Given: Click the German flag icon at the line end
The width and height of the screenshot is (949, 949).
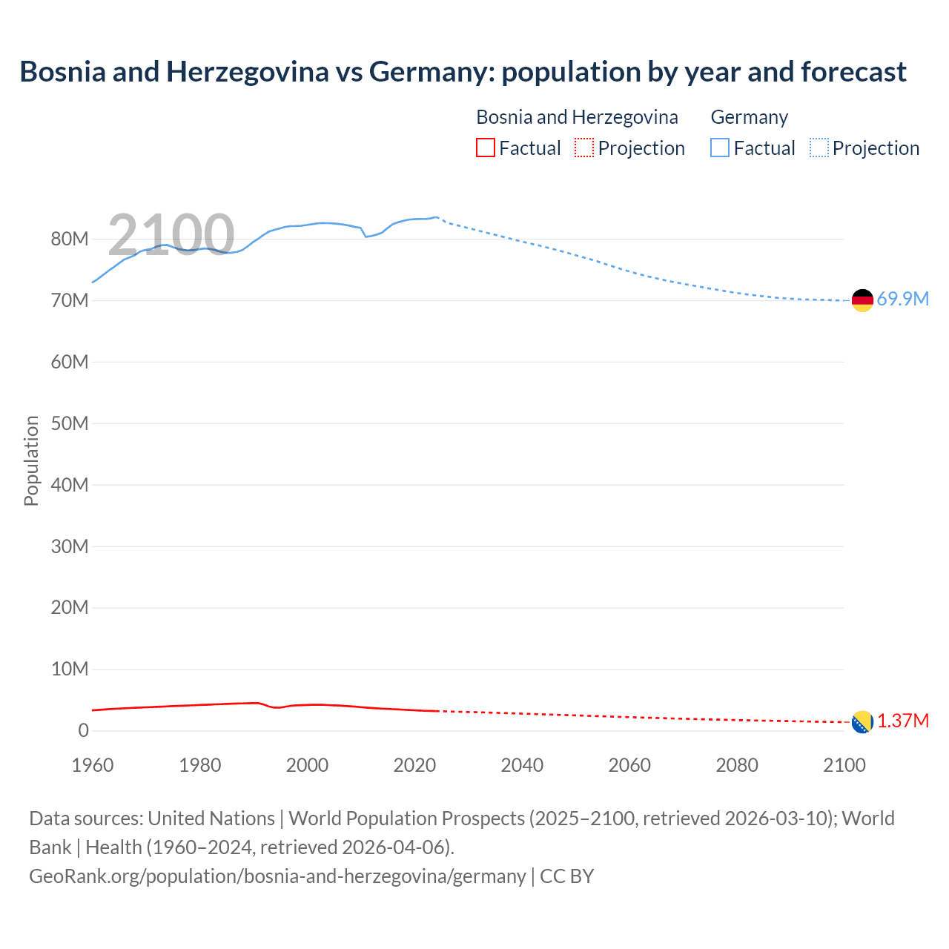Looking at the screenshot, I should (862, 300).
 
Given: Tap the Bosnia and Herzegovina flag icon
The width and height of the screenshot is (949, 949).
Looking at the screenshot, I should (862, 721).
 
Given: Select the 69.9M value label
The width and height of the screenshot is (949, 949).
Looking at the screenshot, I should (902, 300).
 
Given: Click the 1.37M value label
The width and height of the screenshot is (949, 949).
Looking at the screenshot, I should (903, 721).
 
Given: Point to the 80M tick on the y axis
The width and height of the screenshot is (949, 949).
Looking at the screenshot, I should (70, 239).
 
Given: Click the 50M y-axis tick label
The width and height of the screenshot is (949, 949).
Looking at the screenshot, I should (70, 423).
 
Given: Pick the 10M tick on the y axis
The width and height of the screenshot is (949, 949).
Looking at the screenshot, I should (70, 669).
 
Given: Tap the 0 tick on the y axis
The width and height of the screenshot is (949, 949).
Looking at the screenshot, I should (83, 730).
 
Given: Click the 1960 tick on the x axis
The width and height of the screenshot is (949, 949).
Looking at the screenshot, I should (93, 765).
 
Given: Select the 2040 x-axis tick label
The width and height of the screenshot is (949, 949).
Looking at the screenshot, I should (522, 765).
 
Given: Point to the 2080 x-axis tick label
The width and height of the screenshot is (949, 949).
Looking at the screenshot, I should (737, 765).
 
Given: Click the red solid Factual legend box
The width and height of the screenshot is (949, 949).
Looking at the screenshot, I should (485, 148).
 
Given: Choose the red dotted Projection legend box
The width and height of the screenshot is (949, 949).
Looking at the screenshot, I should (584, 148).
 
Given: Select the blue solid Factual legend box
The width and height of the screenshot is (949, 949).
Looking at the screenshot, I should (720, 148).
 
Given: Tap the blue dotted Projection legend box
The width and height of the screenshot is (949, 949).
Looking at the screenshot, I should (819, 148).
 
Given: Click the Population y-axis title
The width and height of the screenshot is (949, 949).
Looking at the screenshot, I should (31, 460).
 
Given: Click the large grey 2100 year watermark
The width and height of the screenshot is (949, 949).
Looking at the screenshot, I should (171, 234).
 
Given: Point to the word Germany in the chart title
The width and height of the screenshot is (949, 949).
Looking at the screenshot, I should (431, 72).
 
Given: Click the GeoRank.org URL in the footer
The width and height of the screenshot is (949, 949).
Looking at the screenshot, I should (277, 876).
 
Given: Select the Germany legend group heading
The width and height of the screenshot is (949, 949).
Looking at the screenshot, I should (749, 117).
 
